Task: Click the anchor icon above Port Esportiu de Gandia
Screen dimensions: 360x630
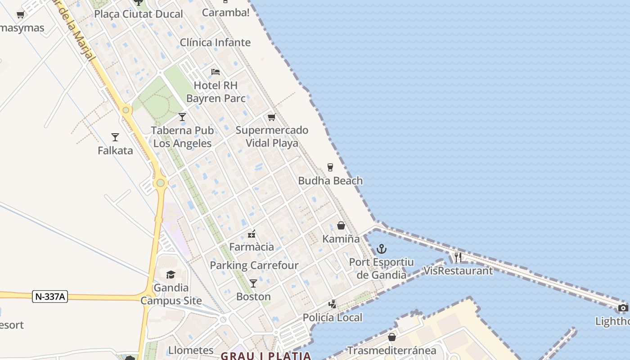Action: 382,248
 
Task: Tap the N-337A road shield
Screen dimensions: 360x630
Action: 50,297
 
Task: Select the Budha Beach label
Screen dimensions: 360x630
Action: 330,181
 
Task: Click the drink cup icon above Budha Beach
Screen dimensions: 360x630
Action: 330,167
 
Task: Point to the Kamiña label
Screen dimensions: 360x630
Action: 341,239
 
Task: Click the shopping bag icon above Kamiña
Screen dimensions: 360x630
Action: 341,225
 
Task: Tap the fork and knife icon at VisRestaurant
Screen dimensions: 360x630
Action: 458,257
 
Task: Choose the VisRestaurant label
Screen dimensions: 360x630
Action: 458,271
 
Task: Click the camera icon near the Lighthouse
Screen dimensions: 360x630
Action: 623,308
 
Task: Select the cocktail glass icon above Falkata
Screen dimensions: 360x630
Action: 115,137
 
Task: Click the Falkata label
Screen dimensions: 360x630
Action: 115,151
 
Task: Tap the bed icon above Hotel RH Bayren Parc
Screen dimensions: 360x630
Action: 216,72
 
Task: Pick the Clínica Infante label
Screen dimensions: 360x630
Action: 215,43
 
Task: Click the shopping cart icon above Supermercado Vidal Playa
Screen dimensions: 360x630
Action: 271,117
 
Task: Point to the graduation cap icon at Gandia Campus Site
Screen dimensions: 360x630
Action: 171,274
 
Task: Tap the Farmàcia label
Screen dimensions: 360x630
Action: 252,247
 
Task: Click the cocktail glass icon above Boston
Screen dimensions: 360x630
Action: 253,283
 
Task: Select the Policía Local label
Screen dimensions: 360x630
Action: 332,318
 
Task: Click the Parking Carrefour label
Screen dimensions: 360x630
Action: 254,265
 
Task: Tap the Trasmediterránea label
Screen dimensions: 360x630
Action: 391,351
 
